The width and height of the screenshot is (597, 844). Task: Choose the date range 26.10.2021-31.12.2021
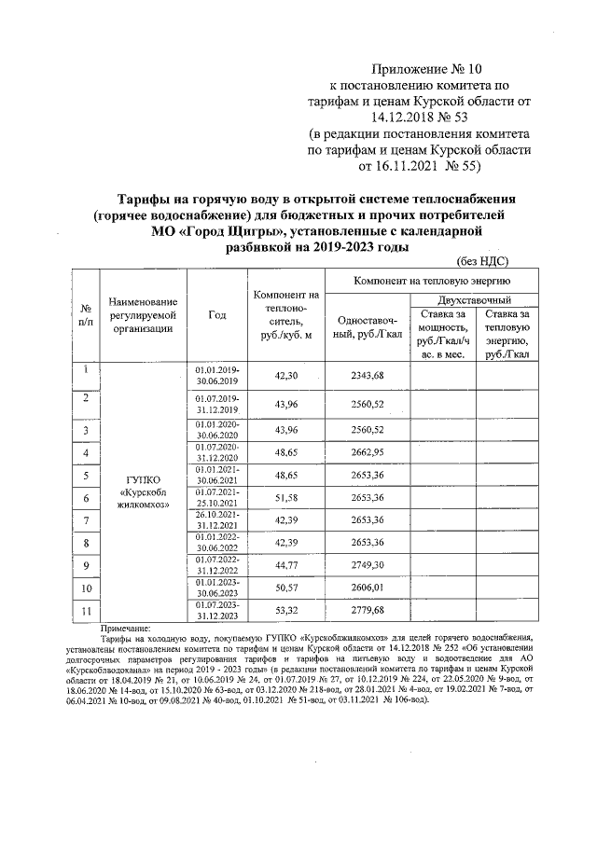click(216, 520)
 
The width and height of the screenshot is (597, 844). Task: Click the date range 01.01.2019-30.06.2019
click(216, 375)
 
